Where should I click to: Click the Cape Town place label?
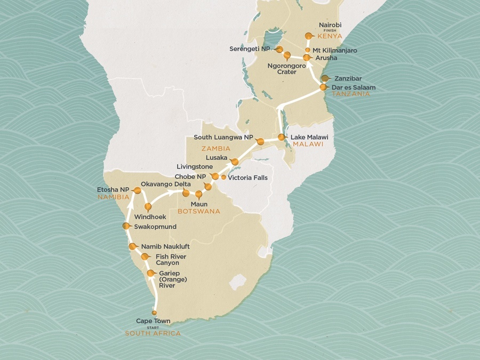tap(153, 321)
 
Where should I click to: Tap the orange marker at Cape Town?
tap(154, 313)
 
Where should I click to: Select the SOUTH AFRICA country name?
tap(153, 333)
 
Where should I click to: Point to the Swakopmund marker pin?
tap(126, 226)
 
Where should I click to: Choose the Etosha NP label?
tap(113, 189)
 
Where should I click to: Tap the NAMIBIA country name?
tap(113, 197)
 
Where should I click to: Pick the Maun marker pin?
tap(199, 195)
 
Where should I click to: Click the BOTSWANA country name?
tap(198, 211)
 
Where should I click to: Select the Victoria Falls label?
tap(247, 178)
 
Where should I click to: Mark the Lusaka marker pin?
tap(235, 161)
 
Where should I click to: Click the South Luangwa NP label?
tap(223, 138)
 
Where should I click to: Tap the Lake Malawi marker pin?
tap(282, 137)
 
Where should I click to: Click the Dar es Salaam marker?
tap(323, 87)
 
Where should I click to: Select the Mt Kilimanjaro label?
tap(335, 50)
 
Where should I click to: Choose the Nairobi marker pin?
tap(308, 36)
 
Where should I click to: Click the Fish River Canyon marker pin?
tap(145, 257)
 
